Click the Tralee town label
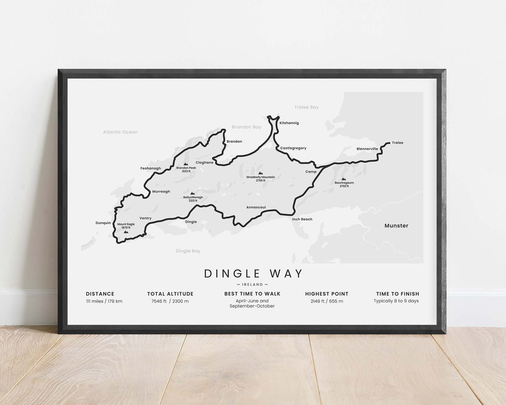coord(397,143)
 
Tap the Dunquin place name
coord(103,223)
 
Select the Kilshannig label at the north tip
coord(289,123)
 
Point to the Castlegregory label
coord(293,148)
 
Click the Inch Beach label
coord(302,219)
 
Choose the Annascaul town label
coord(256,207)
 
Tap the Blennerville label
coord(367,149)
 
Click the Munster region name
coord(396,226)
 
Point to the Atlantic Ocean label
coord(120,132)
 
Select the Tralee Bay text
coord(306,107)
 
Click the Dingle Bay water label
coord(188,251)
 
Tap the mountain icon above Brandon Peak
coord(186,164)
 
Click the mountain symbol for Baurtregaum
coord(344,179)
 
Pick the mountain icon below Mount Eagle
coord(126,232)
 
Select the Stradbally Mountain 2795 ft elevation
coord(261,180)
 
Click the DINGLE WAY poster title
coord(253,274)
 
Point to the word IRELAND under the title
coord(252,284)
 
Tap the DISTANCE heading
coord(100,294)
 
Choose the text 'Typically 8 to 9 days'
coord(396,301)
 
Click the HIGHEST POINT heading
coord(327,294)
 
